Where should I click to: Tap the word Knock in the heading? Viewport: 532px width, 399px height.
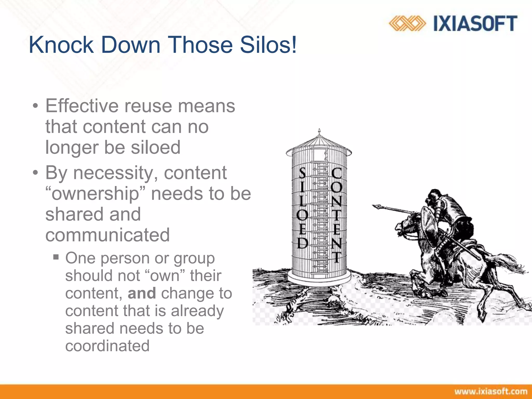coord(61,45)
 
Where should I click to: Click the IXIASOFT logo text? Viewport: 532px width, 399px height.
coord(475,24)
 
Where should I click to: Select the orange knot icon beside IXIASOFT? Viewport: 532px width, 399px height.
coord(407,24)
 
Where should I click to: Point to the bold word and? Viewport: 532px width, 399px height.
coord(142,293)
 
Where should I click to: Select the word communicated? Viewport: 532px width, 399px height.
coord(108,235)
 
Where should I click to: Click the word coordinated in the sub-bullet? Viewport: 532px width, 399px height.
coord(107,346)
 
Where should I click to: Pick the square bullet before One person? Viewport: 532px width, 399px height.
coord(56,257)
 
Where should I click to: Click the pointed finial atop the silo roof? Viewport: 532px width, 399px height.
coord(319,131)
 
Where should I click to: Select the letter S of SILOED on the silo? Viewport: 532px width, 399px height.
coord(302,173)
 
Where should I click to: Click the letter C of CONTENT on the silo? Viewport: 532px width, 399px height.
coord(337,173)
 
